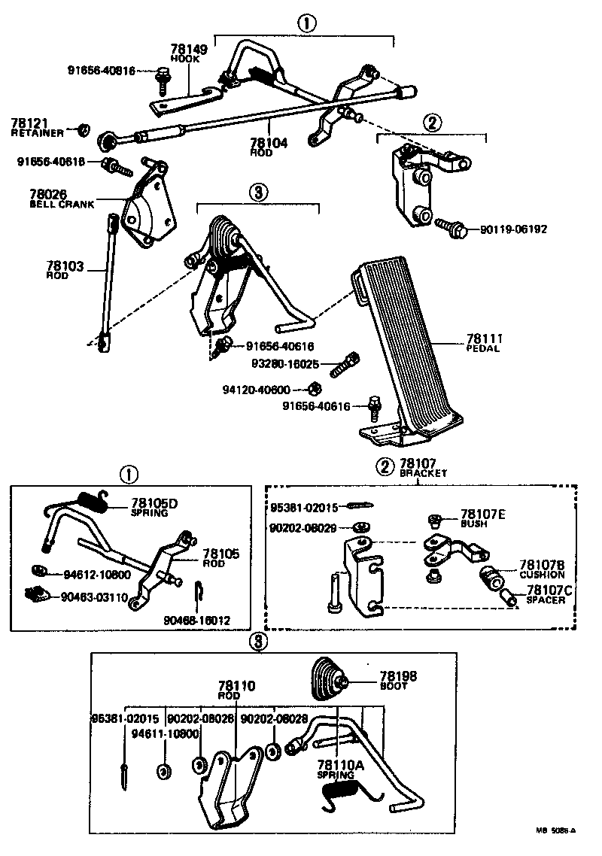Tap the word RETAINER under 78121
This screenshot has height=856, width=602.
(37, 133)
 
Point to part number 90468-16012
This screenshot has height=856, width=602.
(196, 621)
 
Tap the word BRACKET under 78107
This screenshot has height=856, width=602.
(423, 474)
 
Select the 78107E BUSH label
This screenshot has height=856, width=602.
(482, 518)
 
